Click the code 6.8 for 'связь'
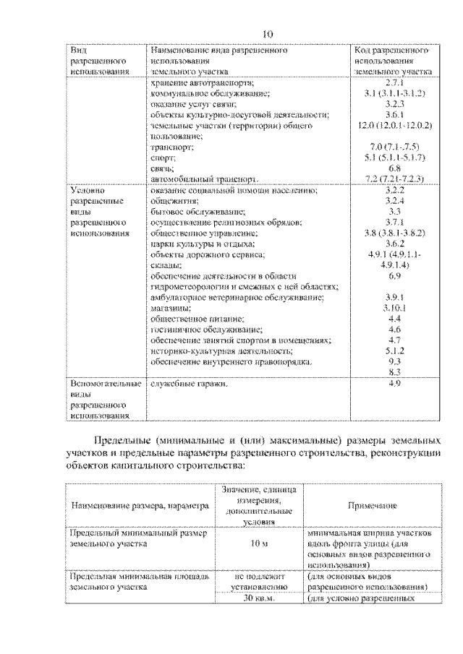click(x=394, y=167)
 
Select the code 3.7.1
click(x=394, y=222)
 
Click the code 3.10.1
click(x=394, y=308)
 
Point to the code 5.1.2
click(x=394, y=350)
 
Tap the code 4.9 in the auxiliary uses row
click(x=394, y=384)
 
